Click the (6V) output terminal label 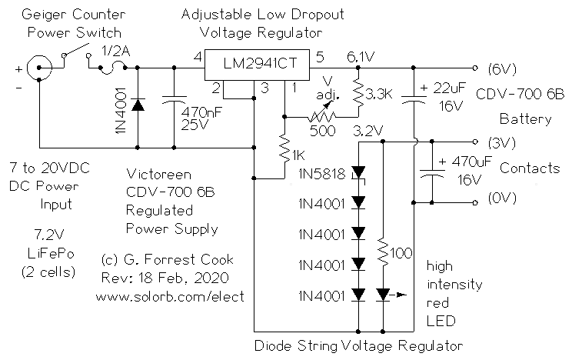(x=502, y=68)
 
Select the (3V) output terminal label (x=502, y=142)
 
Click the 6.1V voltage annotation (x=361, y=55)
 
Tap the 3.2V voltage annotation (x=367, y=131)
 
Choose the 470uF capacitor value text (x=461, y=163)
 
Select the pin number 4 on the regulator (x=198, y=56)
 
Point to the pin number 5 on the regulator (x=321, y=56)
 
